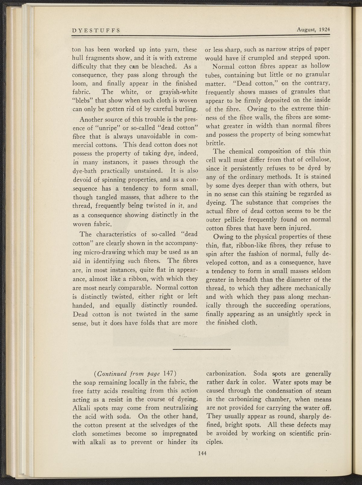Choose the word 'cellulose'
[x=316, y=159]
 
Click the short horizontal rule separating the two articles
[x=202, y=349]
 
